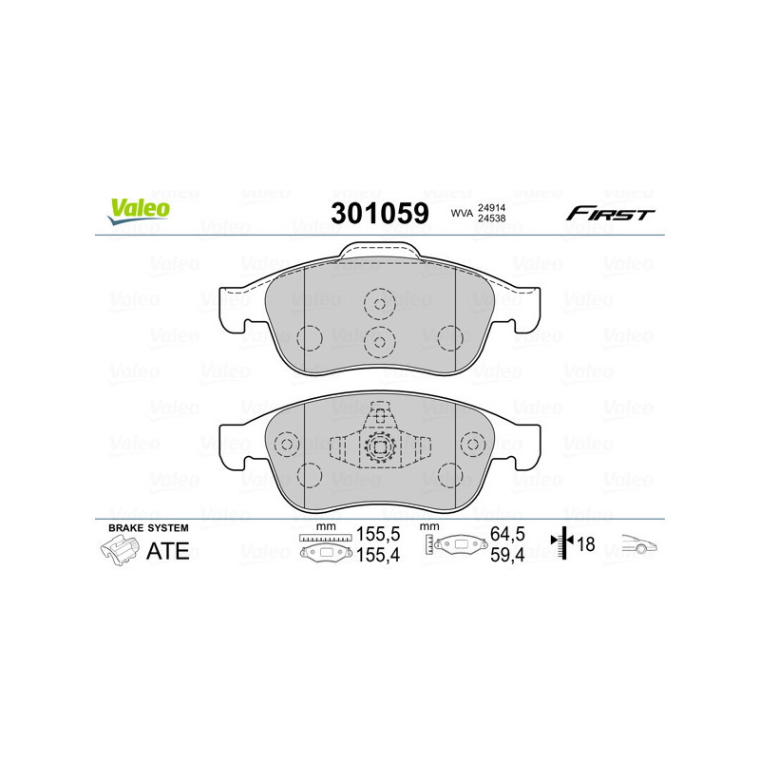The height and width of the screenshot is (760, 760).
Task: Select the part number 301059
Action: click(379, 214)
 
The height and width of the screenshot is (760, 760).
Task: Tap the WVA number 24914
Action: click(490, 207)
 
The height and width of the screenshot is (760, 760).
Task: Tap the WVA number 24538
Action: click(490, 220)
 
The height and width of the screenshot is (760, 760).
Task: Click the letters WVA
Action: click(462, 214)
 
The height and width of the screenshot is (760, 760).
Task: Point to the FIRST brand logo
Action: click(610, 214)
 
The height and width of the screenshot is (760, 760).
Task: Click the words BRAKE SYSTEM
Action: click(148, 527)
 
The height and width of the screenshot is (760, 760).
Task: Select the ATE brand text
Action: click(168, 551)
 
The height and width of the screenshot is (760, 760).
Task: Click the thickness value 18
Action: click(587, 544)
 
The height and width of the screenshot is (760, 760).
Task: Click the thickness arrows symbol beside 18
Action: click(564, 544)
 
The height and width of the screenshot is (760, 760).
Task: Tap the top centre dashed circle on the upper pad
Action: click(379, 304)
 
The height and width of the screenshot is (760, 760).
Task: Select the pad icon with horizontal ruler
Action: click(325, 548)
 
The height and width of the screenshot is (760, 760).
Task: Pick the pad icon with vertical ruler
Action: click(452, 548)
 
